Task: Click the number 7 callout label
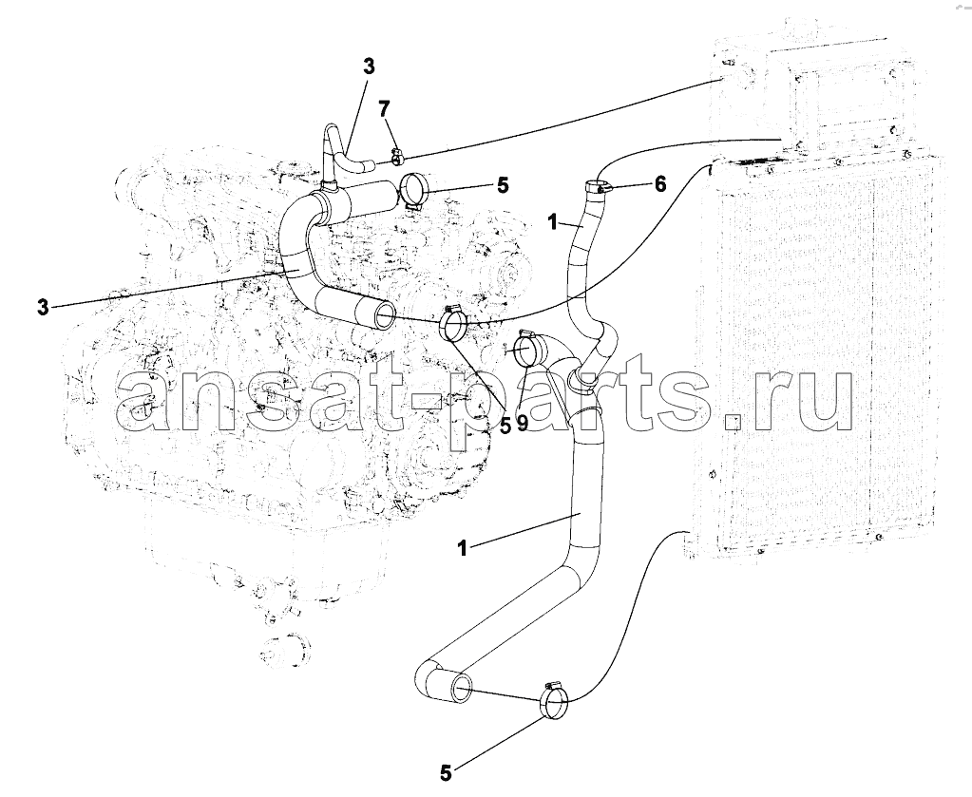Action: (x=385, y=109)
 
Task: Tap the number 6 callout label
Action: (x=660, y=183)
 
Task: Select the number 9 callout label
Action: (x=522, y=424)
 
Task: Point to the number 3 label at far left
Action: (x=42, y=308)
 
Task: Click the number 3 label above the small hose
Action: (x=369, y=66)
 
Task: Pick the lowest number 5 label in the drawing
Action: (x=446, y=773)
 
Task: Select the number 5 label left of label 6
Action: (x=502, y=184)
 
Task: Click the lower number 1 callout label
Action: (x=461, y=548)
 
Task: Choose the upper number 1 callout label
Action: (x=554, y=222)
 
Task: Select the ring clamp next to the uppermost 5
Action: (x=411, y=191)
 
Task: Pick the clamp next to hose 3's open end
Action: (x=454, y=326)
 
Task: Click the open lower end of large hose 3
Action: (x=383, y=314)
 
